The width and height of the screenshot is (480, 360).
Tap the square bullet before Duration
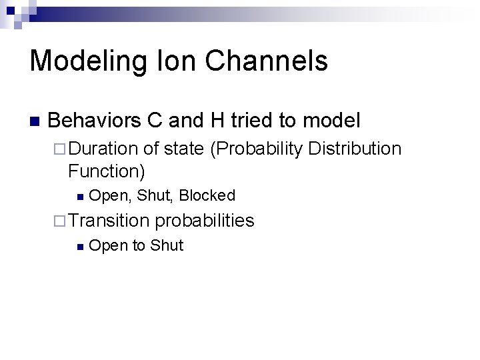[58, 149]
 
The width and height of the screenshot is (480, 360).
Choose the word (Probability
[255, 149]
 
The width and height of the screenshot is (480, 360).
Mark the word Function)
[106, 171]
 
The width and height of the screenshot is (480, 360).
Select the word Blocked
[207, 196]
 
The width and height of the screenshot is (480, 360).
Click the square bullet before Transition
[58, 221]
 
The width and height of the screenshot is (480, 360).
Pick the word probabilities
[205, 221]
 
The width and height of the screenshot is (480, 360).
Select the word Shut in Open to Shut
[167, 246]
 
